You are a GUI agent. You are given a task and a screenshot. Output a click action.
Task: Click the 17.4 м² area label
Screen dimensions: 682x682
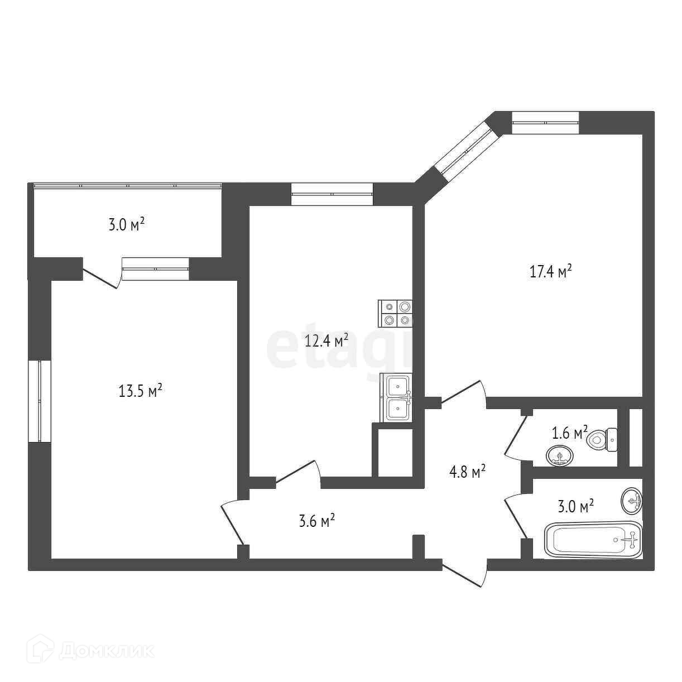[550, 272]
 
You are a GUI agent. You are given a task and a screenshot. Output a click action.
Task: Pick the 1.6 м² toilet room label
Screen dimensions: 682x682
[569, 433]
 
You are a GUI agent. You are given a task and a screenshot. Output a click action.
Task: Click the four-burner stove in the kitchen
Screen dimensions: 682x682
[395, 313]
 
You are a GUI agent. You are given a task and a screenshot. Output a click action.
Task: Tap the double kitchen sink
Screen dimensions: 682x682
[397, 397]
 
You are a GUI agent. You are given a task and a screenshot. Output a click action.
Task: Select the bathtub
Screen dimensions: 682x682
[593, 539]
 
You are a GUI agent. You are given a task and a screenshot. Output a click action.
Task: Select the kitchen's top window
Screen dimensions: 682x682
[332, 194]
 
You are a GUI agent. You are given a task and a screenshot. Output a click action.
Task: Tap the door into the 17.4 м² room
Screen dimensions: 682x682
[463, 393]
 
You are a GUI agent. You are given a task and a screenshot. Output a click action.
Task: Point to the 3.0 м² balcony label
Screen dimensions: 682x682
[126, 225]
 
